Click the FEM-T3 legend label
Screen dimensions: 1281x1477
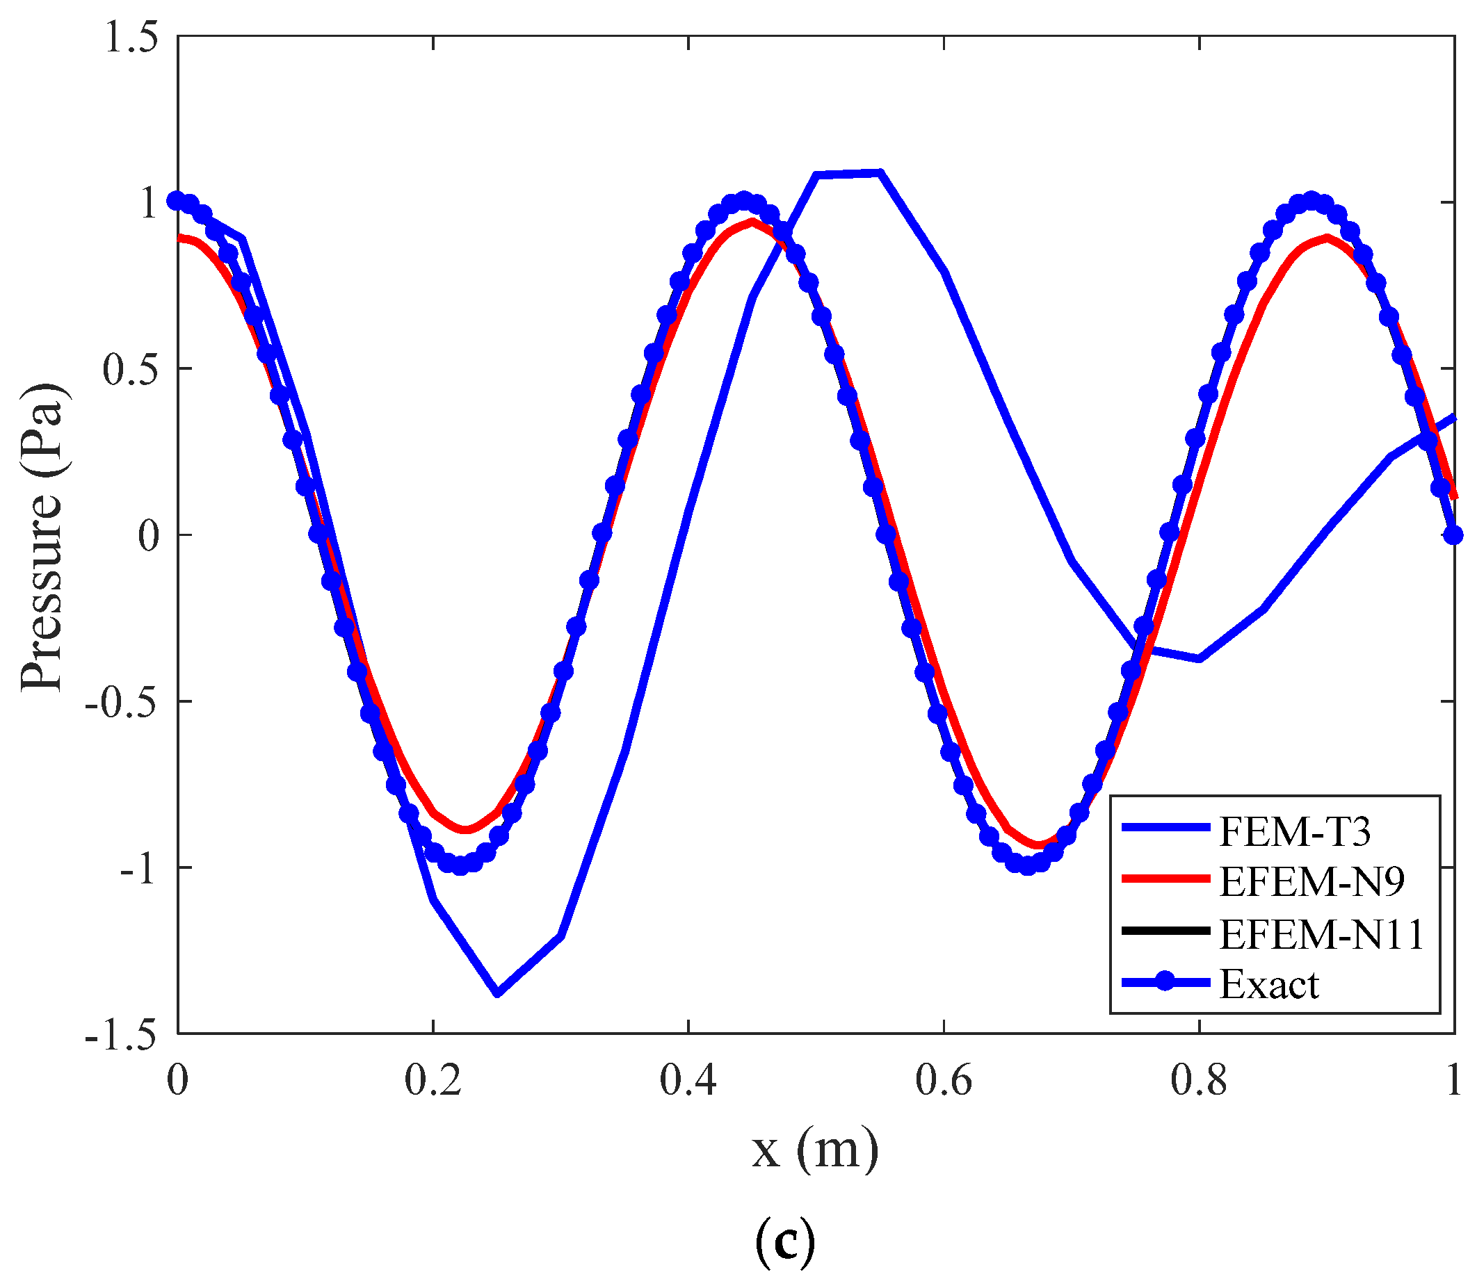1294,831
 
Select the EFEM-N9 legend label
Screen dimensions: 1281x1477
1311,881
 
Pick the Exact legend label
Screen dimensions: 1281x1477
1269,984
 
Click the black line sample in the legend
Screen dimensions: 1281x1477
1165,931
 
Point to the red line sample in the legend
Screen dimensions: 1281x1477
1165,879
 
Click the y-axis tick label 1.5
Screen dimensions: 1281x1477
131,37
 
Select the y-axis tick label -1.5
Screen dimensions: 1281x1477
121,1034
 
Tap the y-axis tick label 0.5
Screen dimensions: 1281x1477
131,370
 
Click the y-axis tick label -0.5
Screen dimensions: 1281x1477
121,702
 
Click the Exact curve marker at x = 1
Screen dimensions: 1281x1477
1453,535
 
